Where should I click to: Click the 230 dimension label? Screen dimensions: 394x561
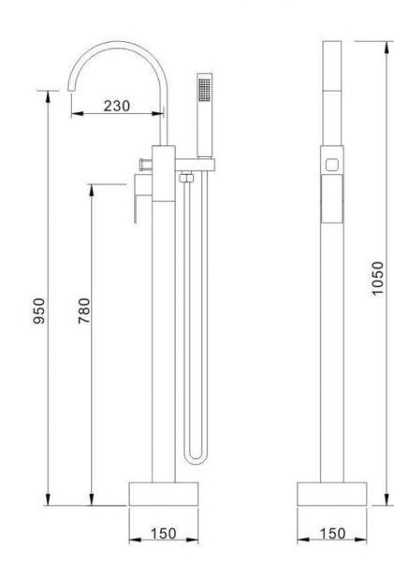tap(117, 106)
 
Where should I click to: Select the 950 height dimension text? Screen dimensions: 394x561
tap(39, 311)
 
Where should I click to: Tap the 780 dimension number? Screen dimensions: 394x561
tap(84, 311)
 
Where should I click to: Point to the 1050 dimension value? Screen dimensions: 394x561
tap(377, 279)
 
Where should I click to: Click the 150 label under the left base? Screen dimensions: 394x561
tap(164, 534)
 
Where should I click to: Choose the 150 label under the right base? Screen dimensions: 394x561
tap(332, 534)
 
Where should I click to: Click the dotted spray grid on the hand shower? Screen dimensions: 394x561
tap(205, 90)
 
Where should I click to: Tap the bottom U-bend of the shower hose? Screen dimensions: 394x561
tap(196, 460)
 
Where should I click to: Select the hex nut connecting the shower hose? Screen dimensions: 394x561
tap(186, 178)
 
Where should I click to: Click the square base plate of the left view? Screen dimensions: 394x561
tap(164, 494)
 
